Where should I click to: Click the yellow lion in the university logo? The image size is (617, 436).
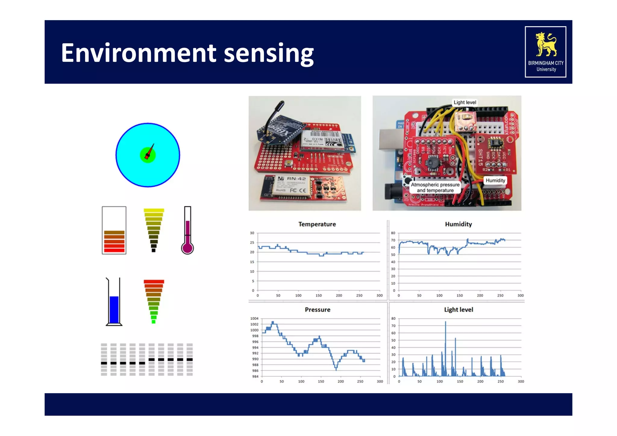pos(546,45)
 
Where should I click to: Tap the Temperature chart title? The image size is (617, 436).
pos(317,224)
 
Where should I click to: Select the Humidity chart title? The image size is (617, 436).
pos(458,224)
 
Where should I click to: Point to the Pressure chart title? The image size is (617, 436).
pos(318,310)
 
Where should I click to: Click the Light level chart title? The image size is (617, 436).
pos(458,310)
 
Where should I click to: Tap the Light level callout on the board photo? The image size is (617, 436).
pos(465,102)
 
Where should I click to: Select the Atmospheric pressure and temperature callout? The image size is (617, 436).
pos(435,187)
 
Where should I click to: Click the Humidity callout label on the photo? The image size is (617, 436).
pos(495,180)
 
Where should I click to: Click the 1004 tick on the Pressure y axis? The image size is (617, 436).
pos(254,319)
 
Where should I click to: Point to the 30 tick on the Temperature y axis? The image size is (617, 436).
pos(252,233)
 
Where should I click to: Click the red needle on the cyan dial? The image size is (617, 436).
pos(149,152)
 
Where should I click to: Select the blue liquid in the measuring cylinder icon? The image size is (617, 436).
pos(114,310)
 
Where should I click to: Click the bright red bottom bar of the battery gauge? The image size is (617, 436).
pos(114,250)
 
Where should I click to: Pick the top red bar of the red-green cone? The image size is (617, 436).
pos(154,282)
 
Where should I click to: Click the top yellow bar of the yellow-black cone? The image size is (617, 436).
pos(154,210)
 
